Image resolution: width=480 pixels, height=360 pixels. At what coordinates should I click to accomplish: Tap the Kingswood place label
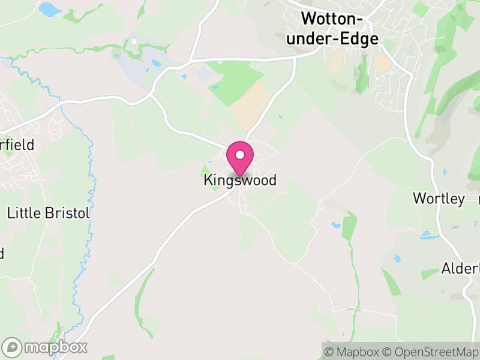point(240,180)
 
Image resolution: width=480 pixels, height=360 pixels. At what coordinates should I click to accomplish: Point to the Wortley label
point(439,199)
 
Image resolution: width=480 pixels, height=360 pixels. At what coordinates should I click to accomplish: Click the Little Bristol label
point(48,213)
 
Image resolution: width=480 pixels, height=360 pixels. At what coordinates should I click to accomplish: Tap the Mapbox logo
point(45,347)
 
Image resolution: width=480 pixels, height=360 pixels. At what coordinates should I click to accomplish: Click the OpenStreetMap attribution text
point(430,351)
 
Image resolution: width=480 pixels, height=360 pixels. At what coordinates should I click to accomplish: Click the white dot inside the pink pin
point(240,155)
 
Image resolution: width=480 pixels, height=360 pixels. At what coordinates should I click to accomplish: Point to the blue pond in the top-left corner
point(50,10)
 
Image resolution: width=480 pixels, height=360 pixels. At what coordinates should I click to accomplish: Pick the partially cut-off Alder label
point(461,268)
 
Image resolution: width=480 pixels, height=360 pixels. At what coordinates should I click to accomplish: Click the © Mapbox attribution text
point(353,351)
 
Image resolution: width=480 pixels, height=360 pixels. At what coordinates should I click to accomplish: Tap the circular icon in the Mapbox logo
point(13,347)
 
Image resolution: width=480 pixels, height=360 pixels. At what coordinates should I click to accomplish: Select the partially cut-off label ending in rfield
point(17,145)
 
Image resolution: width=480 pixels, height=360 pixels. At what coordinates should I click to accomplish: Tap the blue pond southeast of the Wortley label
point(430,235)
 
